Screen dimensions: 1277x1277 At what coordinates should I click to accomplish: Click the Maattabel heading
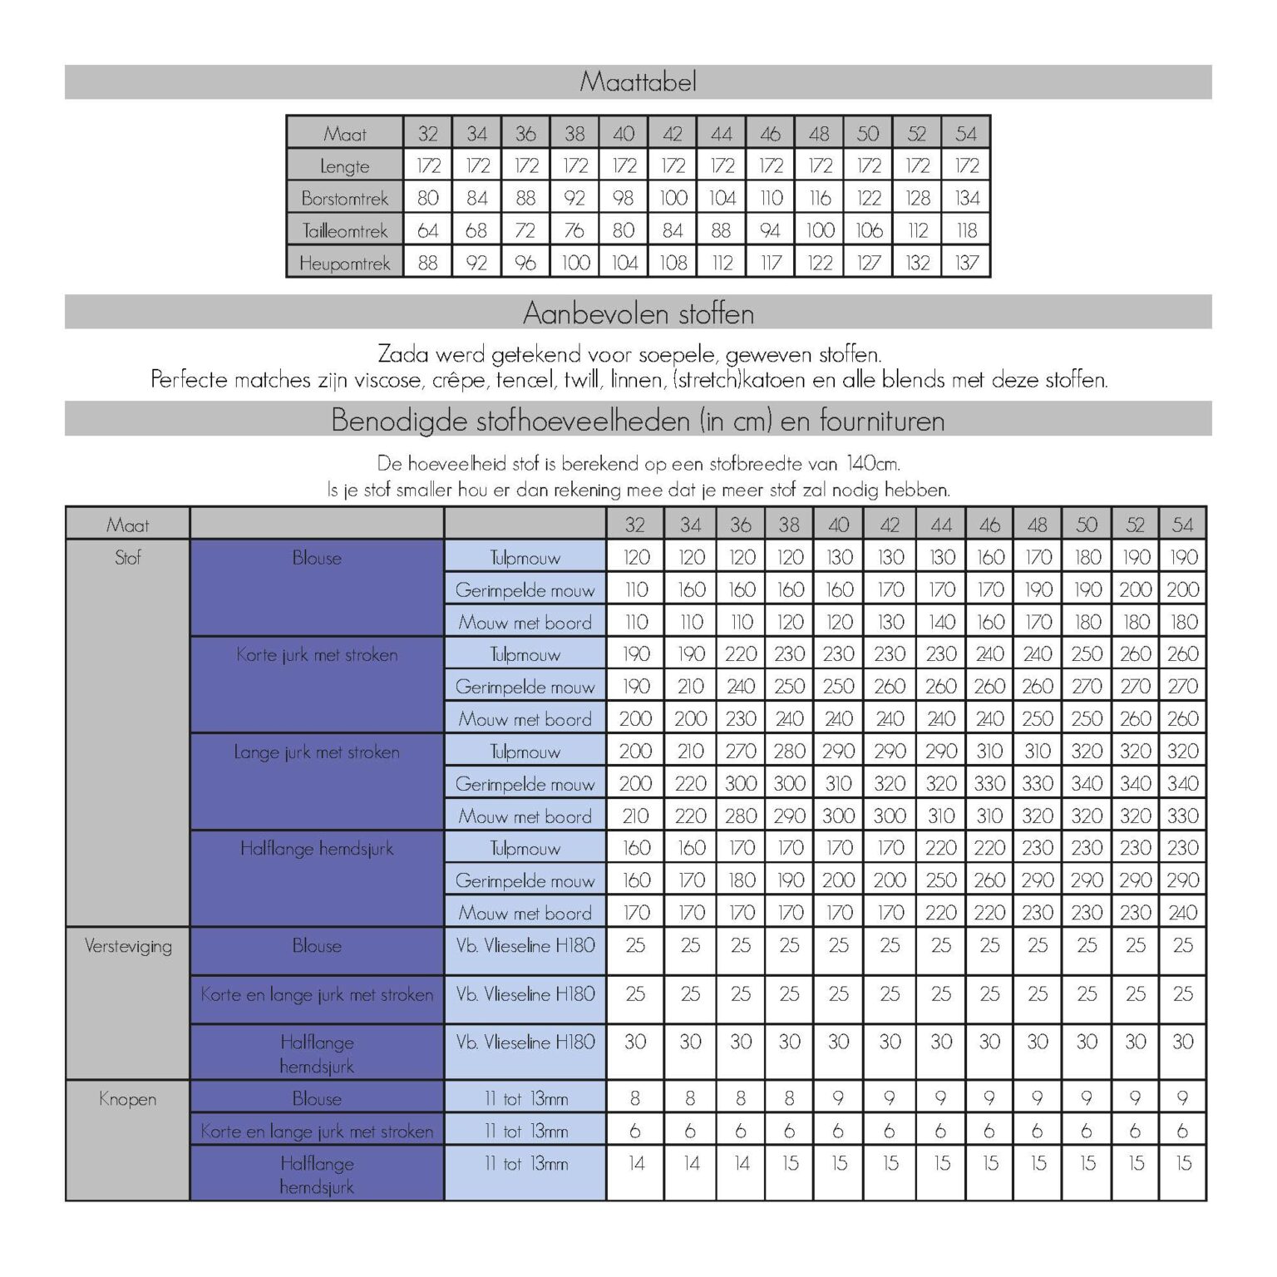[638, 81]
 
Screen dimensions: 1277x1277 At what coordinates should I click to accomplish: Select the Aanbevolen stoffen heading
[638, 313]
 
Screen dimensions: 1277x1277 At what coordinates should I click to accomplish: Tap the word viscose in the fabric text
[387, 380]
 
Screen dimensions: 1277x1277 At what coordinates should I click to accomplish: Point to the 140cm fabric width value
[873, 463]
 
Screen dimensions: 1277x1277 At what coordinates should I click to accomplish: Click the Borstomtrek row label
[344, 199]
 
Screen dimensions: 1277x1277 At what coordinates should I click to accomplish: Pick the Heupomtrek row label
[344, 264]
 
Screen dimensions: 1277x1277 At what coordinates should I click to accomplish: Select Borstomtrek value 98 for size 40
[624, 199]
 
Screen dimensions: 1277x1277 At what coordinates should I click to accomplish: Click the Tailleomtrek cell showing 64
[427, 230]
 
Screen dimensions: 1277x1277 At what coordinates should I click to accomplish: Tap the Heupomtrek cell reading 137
[966, 264]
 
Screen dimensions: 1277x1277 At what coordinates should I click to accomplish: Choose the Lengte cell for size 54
[966, 165]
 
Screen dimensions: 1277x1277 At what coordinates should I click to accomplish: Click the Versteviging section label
[128, 946]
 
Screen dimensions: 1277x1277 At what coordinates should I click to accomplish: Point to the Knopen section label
[128, 1099]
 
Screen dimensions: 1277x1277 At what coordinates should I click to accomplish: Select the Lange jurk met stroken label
[317, 752]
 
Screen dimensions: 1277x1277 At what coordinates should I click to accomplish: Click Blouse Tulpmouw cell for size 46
[989, 557]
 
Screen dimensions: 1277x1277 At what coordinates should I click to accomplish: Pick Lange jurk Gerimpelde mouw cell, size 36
[740, 784]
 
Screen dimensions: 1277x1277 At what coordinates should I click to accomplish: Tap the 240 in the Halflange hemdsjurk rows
[1182, 913]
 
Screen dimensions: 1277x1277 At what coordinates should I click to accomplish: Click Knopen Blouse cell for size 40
[838, 1098]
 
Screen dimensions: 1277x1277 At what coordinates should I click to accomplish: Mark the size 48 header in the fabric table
[1038, 525]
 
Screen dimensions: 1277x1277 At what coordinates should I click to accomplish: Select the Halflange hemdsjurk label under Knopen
[317, 1174]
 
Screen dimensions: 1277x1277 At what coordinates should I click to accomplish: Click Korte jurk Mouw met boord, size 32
[635, 719]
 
